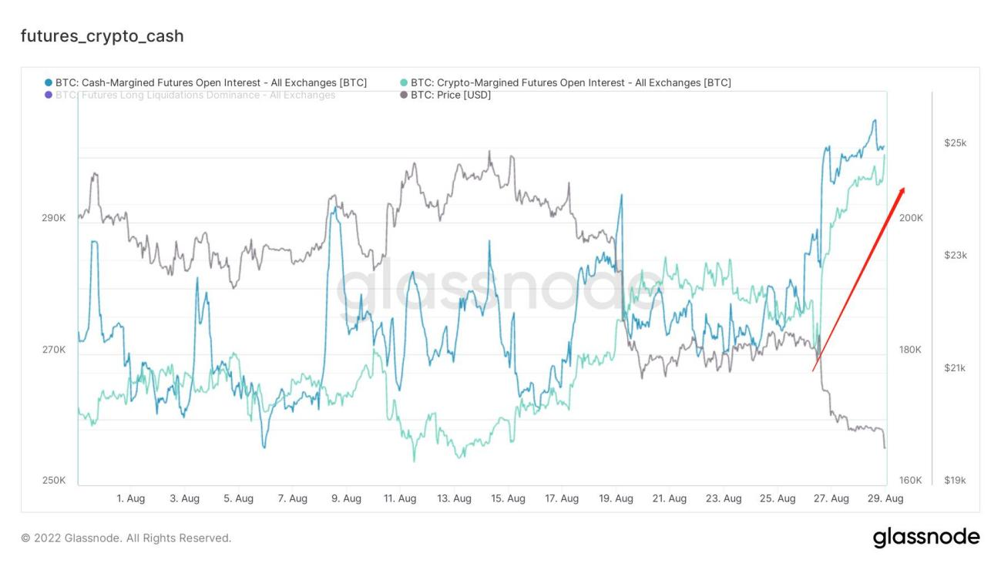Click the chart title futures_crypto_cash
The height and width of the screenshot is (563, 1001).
coord(102,36)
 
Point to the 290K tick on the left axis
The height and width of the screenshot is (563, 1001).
coord(53,218)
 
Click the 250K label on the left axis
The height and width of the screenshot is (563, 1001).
coord(53,481)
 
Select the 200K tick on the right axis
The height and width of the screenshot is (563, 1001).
coord(910,218)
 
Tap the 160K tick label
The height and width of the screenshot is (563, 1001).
coord(910,481)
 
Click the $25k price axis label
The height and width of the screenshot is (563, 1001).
coord(955,143)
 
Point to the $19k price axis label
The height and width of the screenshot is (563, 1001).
coord(955,481)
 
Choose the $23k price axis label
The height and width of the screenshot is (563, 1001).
coord(955,255)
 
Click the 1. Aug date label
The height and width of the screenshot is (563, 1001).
coord(130,499)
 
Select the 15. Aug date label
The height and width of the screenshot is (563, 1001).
coord(509,499)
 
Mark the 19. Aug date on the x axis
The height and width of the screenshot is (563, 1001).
coord(616,499)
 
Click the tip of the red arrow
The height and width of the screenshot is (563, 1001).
coord(904,188)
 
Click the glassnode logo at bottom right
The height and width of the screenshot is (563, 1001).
coord(926,537)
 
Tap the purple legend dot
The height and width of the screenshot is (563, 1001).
coord(49,95)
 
